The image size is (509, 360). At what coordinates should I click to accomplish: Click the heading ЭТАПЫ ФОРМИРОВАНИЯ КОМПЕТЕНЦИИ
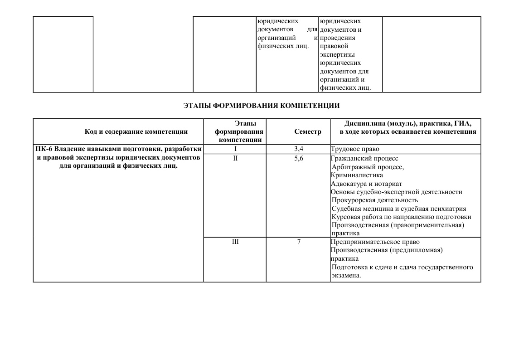[262, 106]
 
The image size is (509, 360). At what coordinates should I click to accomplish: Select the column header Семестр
[307, 131]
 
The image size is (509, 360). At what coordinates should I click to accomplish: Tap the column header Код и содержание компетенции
[136, 131]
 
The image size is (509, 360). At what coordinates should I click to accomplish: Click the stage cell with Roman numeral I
[235, 149]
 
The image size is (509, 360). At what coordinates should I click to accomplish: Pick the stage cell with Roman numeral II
[235, 158]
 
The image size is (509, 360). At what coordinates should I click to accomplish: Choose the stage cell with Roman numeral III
[235, 242]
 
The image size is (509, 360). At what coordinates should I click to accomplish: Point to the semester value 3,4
[299, 149]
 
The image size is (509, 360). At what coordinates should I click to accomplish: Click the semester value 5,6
[299, 158]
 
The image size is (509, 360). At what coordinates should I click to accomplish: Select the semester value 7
[299, 242]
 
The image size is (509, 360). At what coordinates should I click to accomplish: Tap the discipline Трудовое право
[355, 149]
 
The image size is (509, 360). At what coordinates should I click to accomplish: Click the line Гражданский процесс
[364, 158]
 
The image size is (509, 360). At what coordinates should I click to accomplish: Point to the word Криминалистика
[357, 175]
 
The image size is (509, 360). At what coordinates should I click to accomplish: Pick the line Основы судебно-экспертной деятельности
[397, 192]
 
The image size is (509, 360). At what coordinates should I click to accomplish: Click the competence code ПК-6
[44, 149]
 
